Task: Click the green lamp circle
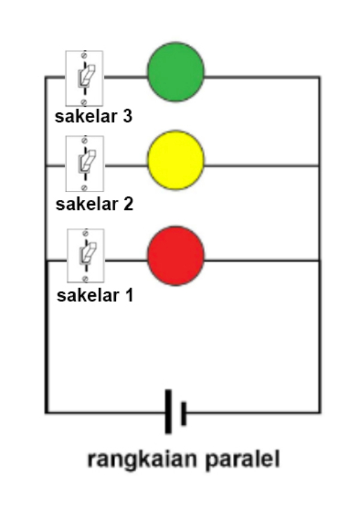point(176,72)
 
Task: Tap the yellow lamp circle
point(176,160)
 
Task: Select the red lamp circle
point(176,254)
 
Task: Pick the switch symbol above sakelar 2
point(85,163)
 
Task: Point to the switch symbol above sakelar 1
point(85,256)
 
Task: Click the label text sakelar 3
point(94,116)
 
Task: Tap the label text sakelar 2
point(94,204)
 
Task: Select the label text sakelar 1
point(95,296)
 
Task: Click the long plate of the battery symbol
point(169,412)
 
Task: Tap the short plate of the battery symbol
point(184,413)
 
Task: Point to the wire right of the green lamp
point(261,77)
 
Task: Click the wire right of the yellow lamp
point(261,166)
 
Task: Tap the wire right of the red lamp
point(261,260)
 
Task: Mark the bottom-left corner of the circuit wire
point(46,412)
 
